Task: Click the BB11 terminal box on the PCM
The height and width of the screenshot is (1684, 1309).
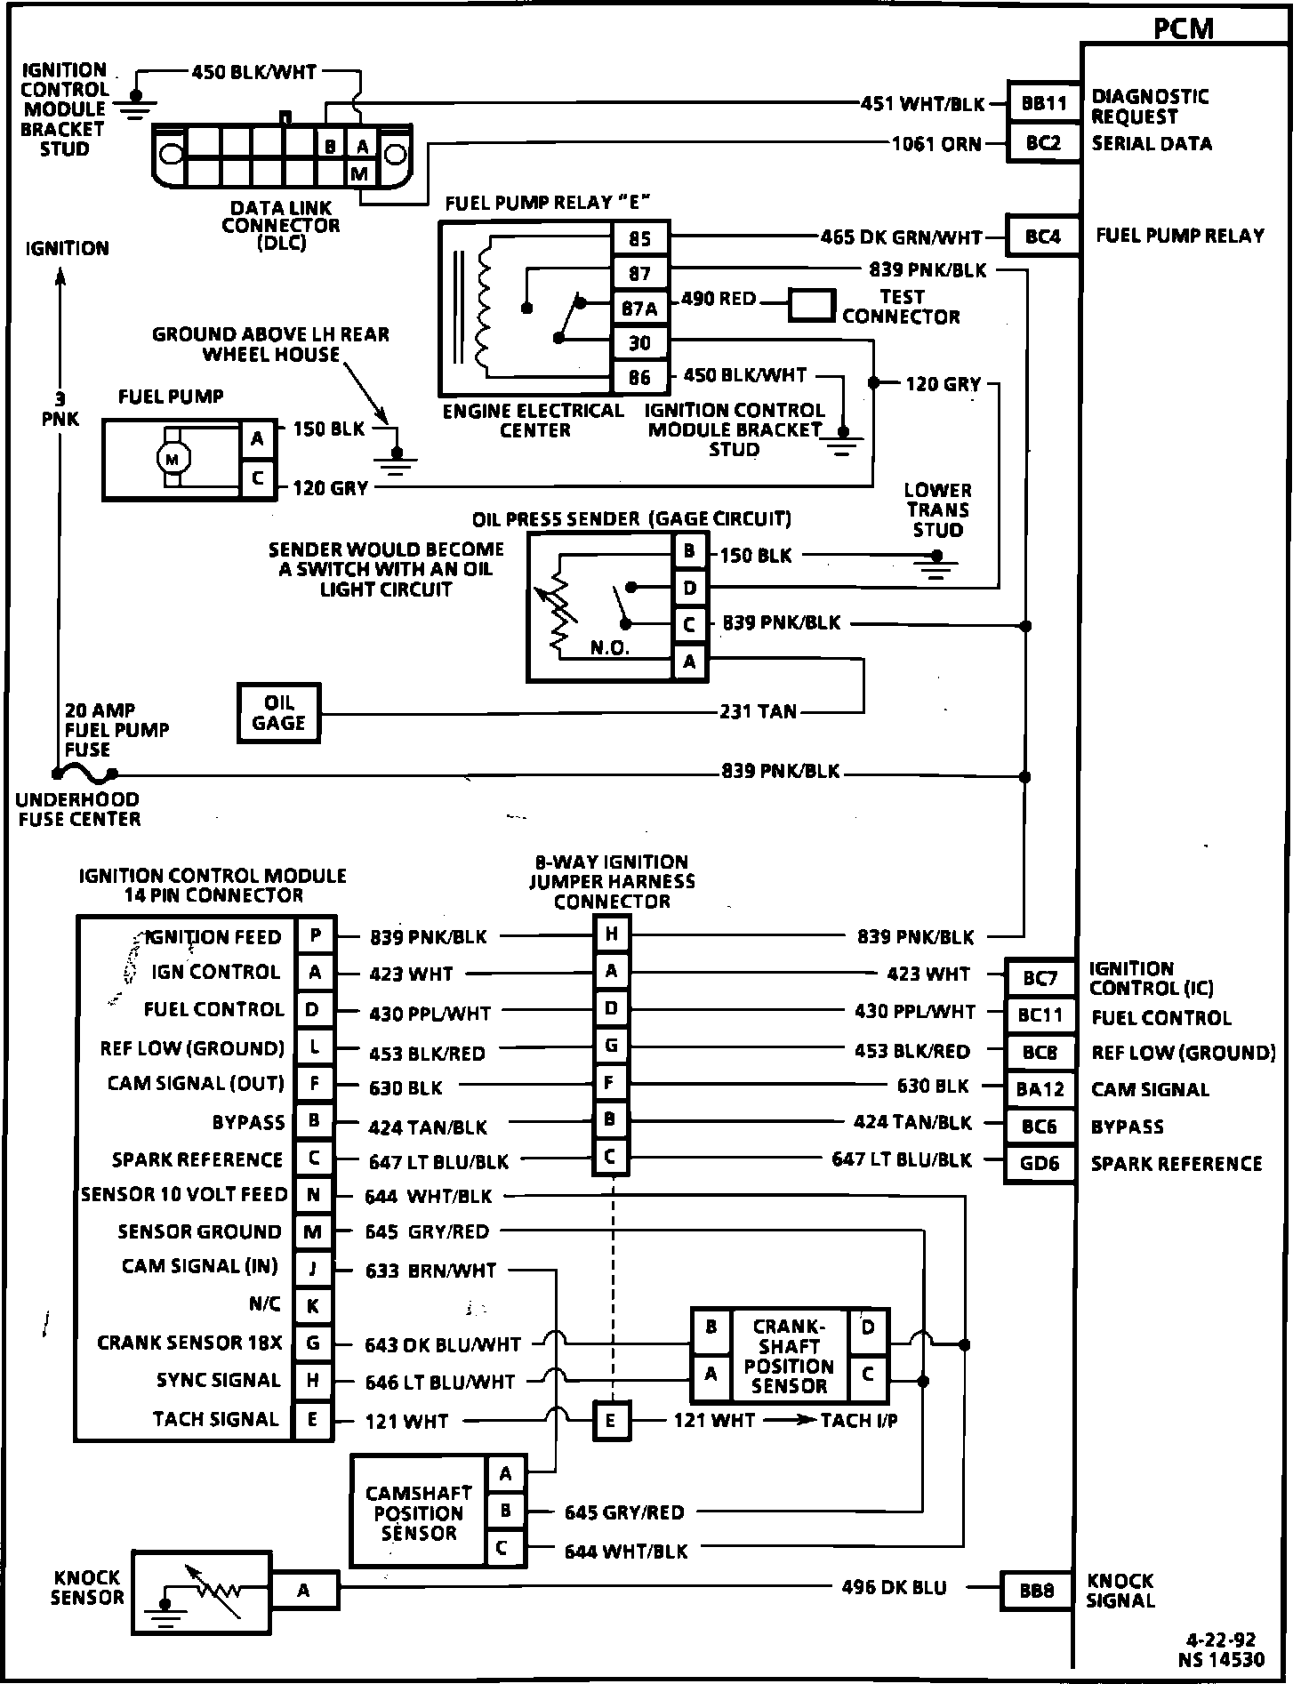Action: (x=1043, y=103)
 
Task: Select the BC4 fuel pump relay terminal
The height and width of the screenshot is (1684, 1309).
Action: (x=1043, y=237)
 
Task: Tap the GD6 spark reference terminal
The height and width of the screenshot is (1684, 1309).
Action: (x=1040, y=1163)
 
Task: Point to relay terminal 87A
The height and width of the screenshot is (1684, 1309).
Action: (x=640, y=309)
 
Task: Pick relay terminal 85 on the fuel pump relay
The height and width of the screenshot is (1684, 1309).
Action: (x=640, y=238)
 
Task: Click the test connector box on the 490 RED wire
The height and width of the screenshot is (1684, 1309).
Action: (x=811, y=305)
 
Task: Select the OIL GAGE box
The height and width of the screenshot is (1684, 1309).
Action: (x=278, y=712)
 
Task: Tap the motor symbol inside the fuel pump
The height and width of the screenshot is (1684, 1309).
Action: (x=173, y=459)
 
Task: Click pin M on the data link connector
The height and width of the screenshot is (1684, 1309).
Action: (x=359, y=174)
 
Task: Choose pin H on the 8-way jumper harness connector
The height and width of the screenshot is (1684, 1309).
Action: (x=612, y=934)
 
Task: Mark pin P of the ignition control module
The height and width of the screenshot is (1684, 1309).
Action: (x=315, y=935)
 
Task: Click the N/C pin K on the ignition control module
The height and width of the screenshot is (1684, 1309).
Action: (x=313, y=1306)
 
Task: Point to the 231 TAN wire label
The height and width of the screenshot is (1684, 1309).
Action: (x=759, y=711)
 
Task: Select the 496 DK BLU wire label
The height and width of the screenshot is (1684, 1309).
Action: (x=894, y=1587)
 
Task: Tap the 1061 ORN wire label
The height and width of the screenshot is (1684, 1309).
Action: (x=936, y=144)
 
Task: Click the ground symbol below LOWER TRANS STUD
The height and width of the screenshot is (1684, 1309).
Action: (x=935, y=566)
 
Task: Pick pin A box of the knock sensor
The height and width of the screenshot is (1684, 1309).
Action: (x=304, y=1591)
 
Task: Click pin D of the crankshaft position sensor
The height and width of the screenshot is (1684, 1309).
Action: (x=868, y=1328)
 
